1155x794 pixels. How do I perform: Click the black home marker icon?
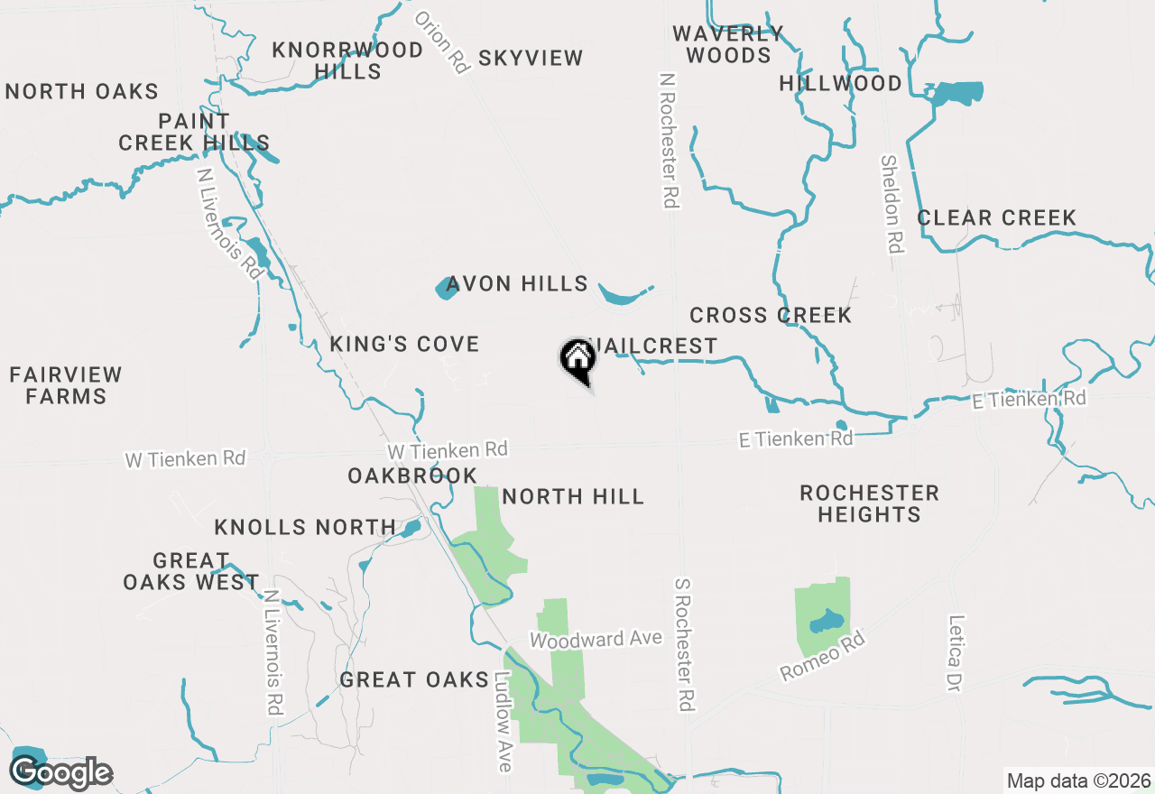pyautogui.click(x=577, y=359)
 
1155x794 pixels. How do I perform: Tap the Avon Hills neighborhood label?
pyautogui.click(x=517, y=284)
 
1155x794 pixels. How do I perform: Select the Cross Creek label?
pyautogui.click(x=771, y=315)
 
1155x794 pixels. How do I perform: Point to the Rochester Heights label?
pyautogui.click(x=869, y=503)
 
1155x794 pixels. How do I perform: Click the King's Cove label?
pyautogui.click(x=404, y=344)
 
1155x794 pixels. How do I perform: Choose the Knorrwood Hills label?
pyautogui.click(x=347, y=60)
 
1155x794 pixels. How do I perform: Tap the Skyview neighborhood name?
pyautogui.click(x=531, y=59)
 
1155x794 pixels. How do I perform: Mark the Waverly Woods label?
pyautogui.click(x=727, y=44)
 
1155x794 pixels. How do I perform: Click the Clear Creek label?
pyautogui.click(x=996, y=218)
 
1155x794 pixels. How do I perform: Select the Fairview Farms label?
pyautogui.click(x=65, y=385)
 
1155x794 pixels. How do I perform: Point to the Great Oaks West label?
pyautogui.click(x=191, y=572)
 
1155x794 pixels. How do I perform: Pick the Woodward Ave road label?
pyautogui.click(x=596, y=640)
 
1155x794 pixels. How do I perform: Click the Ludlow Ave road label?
pyautogui.click(x=504, y=722)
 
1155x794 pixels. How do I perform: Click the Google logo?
pyautogui.click(x=60, y=772)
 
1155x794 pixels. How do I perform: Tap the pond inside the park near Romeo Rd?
pyautogui.click(x=825, y=623)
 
